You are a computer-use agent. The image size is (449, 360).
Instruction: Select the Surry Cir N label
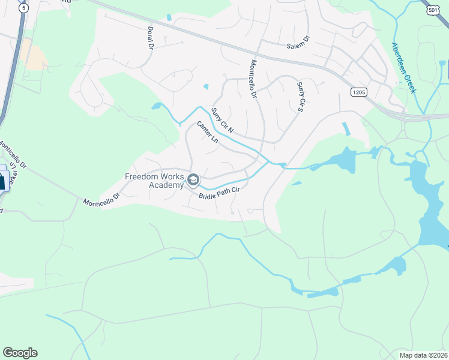(222, 120)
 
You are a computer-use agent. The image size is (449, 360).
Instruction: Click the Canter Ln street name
(208, 132)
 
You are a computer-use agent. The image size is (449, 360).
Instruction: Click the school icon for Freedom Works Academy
(193, 179)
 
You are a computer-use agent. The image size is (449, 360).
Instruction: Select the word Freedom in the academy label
(142, 176)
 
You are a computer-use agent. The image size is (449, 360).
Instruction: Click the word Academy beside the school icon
(166, 185)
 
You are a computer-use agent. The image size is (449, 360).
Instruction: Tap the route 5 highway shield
(23, 8)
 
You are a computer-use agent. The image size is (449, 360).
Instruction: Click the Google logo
(20, 353)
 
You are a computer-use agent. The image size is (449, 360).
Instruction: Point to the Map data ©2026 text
(424, 355)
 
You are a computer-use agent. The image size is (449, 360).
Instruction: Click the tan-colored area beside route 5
(34, 58)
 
